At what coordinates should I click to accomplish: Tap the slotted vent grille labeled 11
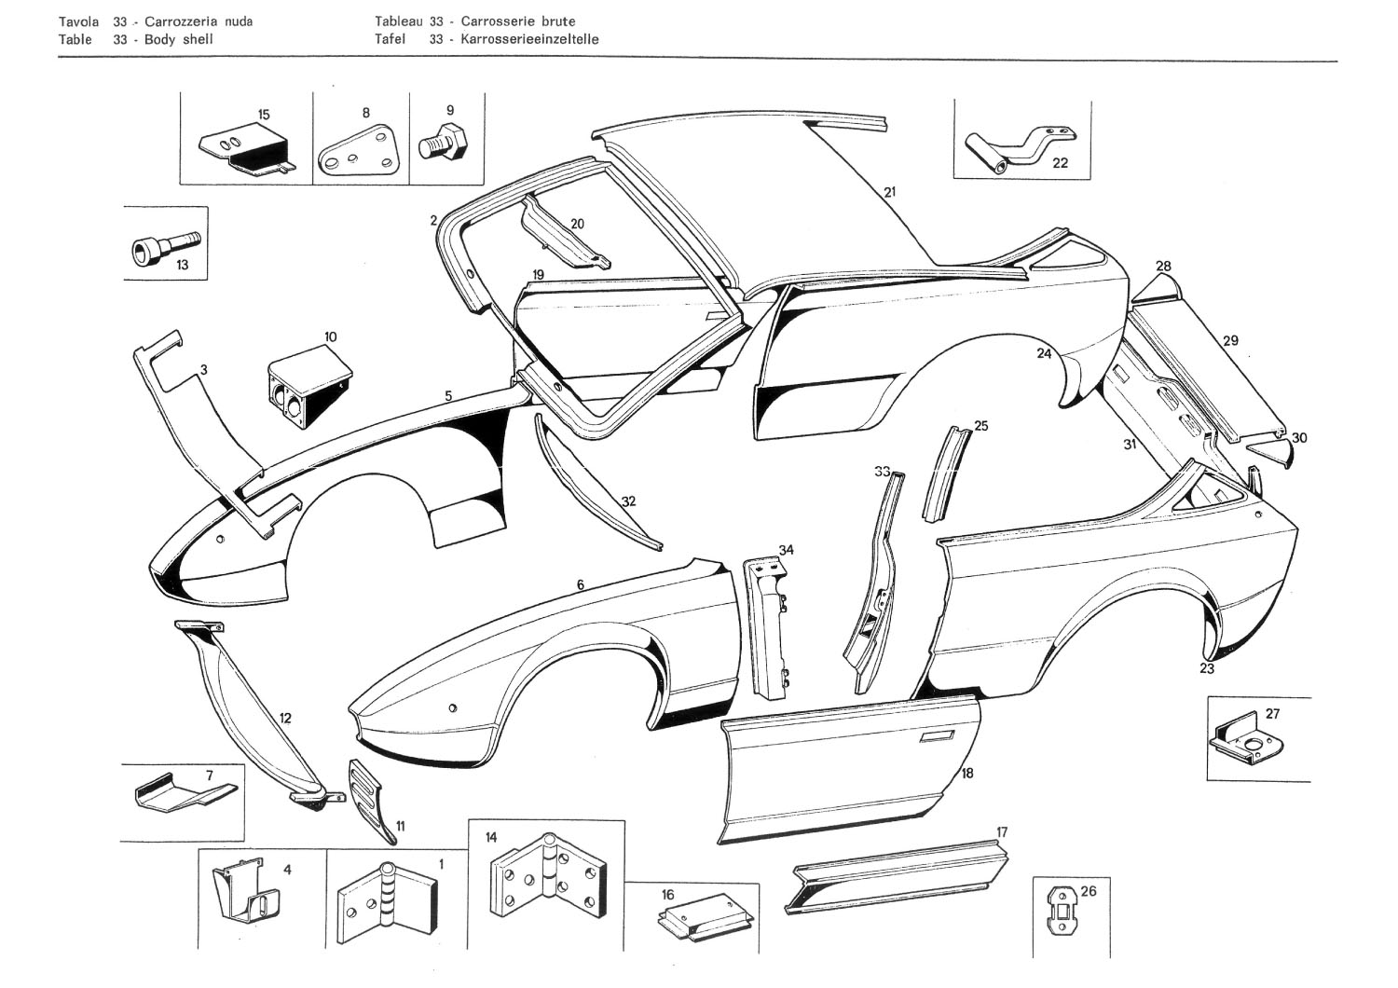(x=370, y=794)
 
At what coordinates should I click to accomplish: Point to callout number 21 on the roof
(x=889, y=193)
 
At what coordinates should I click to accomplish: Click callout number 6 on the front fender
(x=580, y=585)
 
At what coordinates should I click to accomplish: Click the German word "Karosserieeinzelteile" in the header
(x=529, y=39)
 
